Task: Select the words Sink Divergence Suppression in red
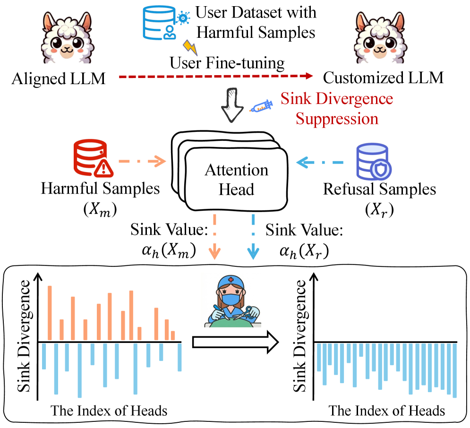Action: [x=336, y=109]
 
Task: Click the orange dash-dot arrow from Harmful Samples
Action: [x=142, y=162]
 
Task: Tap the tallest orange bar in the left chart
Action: [x=50, y=313]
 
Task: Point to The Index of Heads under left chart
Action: [x=109, y=411]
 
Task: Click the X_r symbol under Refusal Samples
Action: [x=379, y=210]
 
